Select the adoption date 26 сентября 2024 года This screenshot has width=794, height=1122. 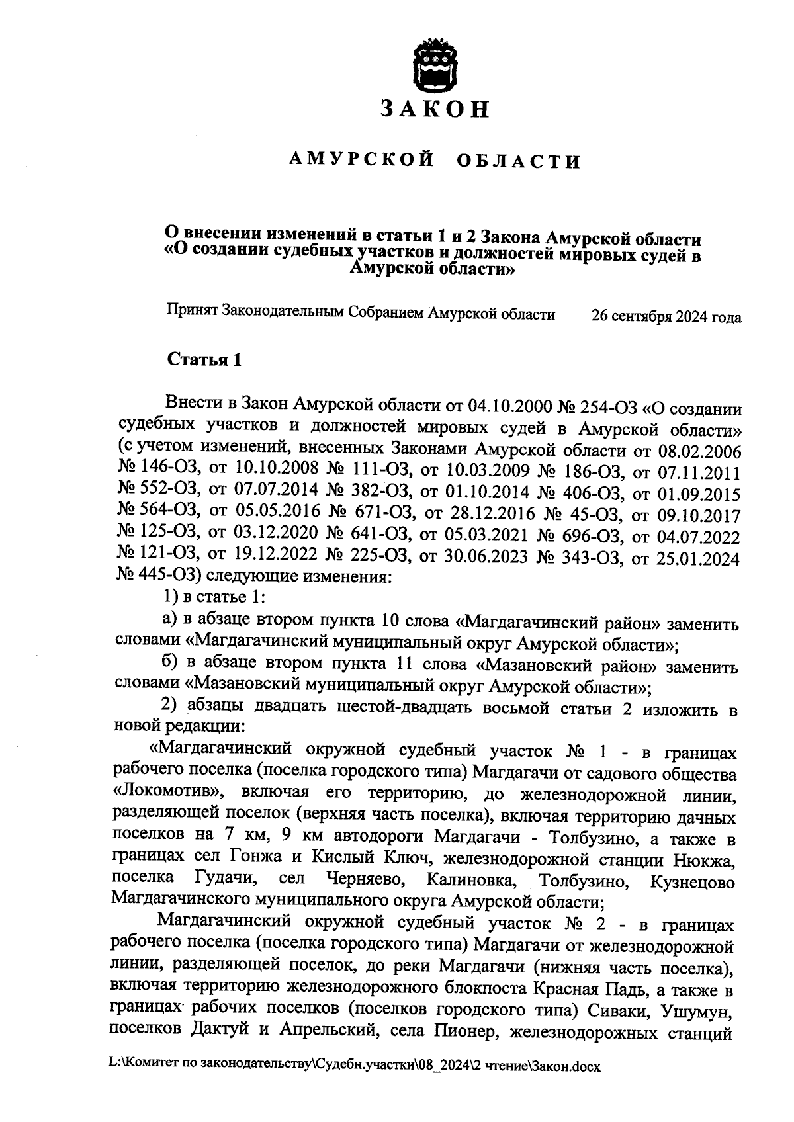coord(666,317)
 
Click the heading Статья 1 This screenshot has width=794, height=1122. coord(204,361)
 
